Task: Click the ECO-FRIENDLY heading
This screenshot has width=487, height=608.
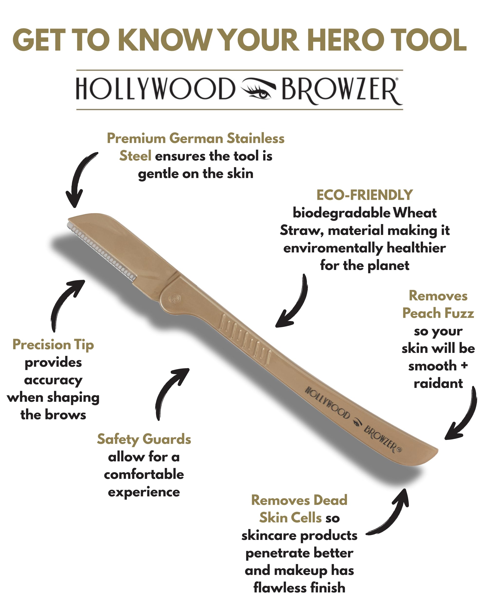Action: (365, 195)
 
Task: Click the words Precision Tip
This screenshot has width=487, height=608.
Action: (53, 345)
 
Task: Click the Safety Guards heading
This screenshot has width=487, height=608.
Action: (144, 439)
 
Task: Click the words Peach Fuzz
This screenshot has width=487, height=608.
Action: (438, 313)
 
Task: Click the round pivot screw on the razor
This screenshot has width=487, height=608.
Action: (175, 298)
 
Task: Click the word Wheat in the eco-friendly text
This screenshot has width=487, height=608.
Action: (415, 213)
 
